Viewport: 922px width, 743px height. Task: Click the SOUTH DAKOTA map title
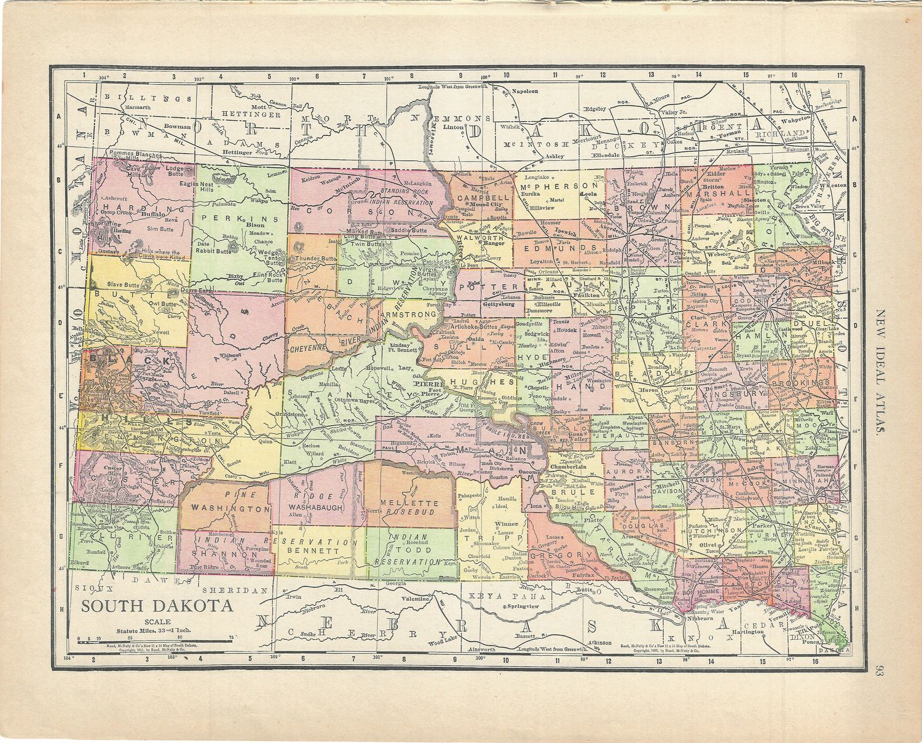(x=158, y=605)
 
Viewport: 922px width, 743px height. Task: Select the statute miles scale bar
(x=154, y=639)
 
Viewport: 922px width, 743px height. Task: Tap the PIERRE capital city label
(x=425, y=383)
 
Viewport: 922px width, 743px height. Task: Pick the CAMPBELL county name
(x=483, y=198)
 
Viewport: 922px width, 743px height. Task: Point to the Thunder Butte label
(x=315, y=259)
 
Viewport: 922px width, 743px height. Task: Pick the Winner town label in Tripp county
(x=506, y=524)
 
